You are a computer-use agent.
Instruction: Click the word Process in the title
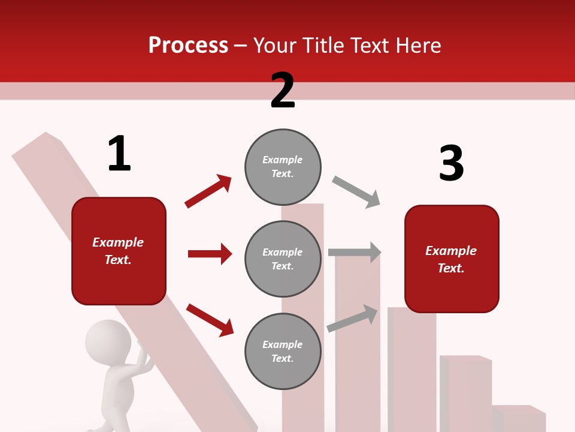pyautogui.click(x=188, y=45)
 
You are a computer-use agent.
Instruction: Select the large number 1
pyautogui.click(x=119, y=154)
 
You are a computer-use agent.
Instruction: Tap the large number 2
pyautogui.click(x=283, y=91)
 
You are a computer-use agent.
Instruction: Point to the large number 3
pyautogui.click(x=451, y=163)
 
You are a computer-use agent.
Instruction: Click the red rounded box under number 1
pyautogui.click(x=119, y=251)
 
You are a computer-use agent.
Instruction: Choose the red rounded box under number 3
pyautogui.click(x=452, y=259)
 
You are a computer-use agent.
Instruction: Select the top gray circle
pyautogui.click(x=283, y=166)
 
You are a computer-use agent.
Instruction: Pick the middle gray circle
pyautogui.click(x=283, y=259)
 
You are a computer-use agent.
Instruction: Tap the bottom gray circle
pyautogui.click(x=283, y=351)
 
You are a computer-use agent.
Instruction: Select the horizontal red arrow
pyautogui.click(x=210, y=254)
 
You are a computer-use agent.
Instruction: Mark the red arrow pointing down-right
pyautogui.click(x=210, y=320)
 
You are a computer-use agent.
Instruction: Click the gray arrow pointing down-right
pyautogui.click(x=356, y=192)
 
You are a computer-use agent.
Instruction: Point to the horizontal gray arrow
pyautogui.click(x=355, y=252)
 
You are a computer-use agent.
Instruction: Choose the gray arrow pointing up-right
pyautogui.click(x=352, y=318)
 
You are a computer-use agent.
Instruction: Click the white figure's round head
pyautogui.click(x=108, y=339)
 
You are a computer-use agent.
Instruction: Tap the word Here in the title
pyautogui.click(x=419, y=45)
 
